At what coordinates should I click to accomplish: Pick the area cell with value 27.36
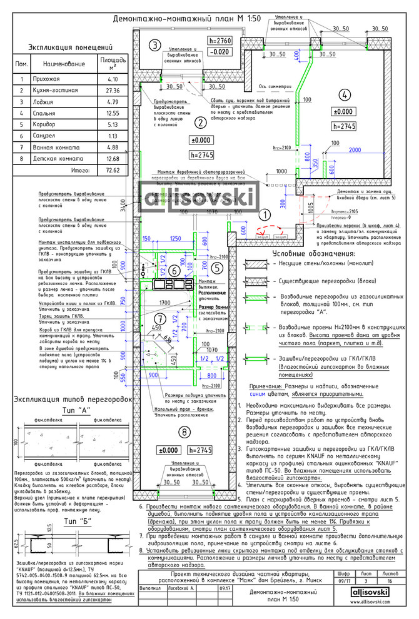click(x=113, y=91)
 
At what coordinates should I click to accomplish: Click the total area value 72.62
click(x=113, y=170)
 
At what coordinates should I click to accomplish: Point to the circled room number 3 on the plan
click(x=154, y=44)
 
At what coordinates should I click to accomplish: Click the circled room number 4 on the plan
click(x=343, y=95)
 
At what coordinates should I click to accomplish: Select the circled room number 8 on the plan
click(x=183, y=431)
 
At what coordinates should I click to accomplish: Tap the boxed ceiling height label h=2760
click(x=220, y=41)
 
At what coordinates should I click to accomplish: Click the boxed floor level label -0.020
click(x=220, y=53)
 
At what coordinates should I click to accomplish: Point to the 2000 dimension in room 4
click(x=356, y=151)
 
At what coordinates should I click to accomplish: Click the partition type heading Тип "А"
click(x=72, y=408)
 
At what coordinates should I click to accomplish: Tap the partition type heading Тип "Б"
click(x=73, y=504)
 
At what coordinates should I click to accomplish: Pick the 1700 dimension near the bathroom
click(x=165, y=303)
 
